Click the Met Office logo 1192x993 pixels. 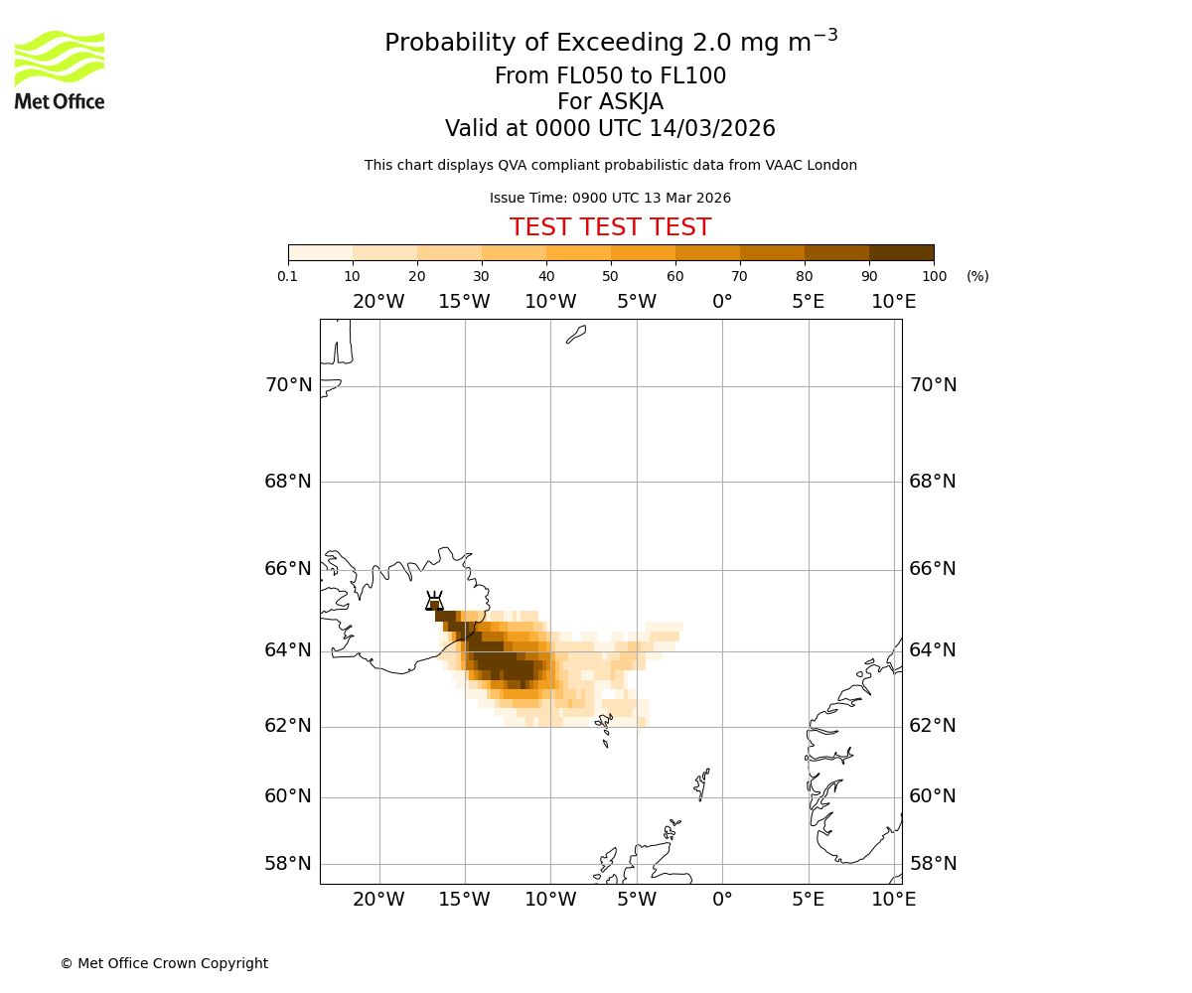(60, 70)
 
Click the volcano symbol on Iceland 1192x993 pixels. (434, 602)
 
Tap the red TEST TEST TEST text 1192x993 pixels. (610, 227)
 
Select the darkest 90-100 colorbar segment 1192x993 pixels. (901, 252)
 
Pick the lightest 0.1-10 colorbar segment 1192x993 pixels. (321, 252)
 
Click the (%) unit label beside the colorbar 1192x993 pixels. (977, 276)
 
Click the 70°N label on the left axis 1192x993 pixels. (288, 385)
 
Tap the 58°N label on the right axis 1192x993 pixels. (933, 864)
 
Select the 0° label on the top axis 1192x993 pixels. (722, 302)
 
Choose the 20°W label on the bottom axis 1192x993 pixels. (378, 900)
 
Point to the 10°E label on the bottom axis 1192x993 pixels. (894, 900)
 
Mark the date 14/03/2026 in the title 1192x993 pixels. (712, 129)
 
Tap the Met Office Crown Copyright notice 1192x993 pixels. (164, 963)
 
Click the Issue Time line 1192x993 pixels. (610, 198)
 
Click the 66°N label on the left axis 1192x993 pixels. (288, 569)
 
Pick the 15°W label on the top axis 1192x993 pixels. (464, 302)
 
